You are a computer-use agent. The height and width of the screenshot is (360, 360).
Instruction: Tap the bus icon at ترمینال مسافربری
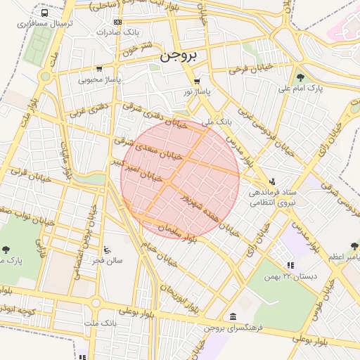[x=46, y=13]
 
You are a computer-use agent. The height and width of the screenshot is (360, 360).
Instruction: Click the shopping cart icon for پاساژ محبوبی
[x=99, y=69]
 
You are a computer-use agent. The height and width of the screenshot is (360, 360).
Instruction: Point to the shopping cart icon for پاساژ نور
[x=197, y=81]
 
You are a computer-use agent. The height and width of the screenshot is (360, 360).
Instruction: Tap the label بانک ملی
[x=216, y=122]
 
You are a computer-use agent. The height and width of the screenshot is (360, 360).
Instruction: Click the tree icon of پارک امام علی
[x=301, y=77]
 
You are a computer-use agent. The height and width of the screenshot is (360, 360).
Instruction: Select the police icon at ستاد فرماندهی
[x=273, y=182]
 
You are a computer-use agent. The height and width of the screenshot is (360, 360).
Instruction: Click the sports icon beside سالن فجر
[x=107, y=250]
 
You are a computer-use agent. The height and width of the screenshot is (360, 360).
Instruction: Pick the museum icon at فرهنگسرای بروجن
[x=233, y=316]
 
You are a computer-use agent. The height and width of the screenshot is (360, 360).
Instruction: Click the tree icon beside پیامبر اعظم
[x=354, y=247]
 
